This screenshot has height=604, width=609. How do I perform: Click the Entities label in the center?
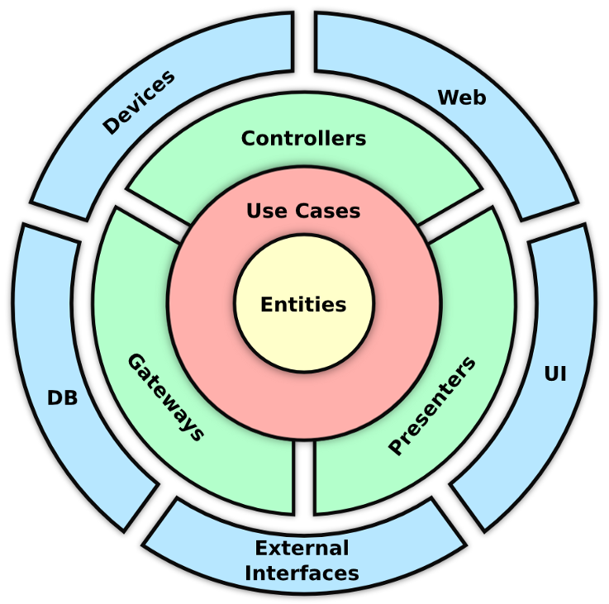click(303, 304)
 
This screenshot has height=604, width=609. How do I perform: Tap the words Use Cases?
click(303, 211)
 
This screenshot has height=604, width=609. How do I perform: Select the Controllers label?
click(303, 138)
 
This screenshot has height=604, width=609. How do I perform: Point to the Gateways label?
click(165, 397)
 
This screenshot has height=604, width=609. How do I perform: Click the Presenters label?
click(432, 406)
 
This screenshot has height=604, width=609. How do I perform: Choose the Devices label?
click(139, 102)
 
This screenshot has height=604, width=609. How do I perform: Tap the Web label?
click(462, 97)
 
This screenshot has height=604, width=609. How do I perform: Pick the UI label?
click(555, 373)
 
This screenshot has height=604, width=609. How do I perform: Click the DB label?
click(62, 398)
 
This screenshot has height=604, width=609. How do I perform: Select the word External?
click(302, 548)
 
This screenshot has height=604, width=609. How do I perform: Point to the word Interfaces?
click(302, 573)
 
